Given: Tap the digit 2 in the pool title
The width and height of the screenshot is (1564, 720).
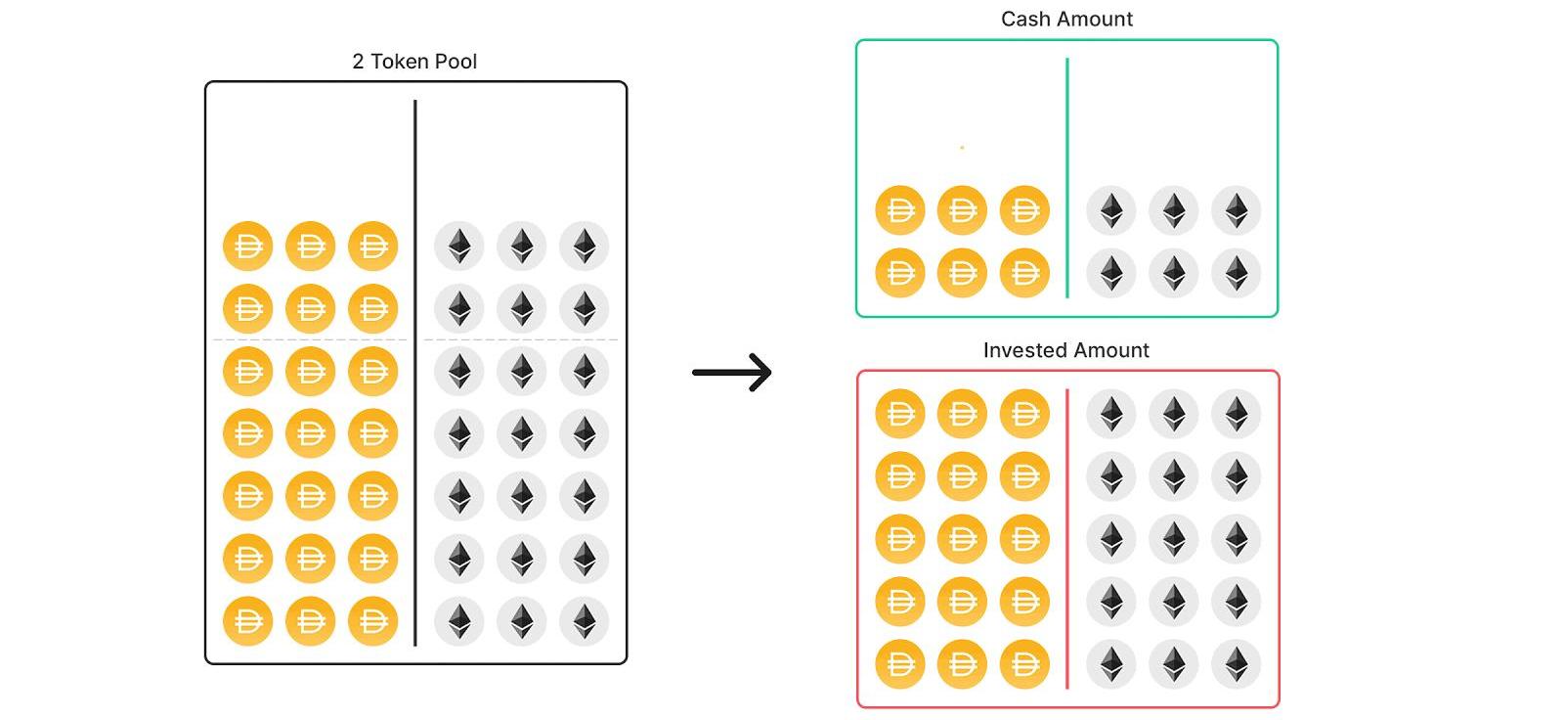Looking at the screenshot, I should click(x=358, y=62).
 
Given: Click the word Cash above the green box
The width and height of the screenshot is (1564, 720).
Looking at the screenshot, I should click(x=1025, y=20).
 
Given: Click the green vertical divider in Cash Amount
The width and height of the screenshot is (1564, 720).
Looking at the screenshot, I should click(x=1067, y=176).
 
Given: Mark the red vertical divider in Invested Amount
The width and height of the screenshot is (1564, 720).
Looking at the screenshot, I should click(x=1067, y=538).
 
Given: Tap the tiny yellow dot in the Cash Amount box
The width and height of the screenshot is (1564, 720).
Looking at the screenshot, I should click(x=962, y=148).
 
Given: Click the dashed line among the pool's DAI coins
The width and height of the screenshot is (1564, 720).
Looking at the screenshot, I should click(x=310, y=339).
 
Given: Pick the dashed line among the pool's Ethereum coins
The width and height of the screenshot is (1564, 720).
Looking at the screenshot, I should click(x=521, y=339).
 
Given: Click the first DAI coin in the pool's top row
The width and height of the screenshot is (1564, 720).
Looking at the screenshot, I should click(x=248, y=247).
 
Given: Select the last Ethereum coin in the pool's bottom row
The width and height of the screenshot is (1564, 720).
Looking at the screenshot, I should click(x=585, y=621).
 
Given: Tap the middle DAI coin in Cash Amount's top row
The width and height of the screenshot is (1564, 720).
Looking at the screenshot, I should click(x=962, y=210).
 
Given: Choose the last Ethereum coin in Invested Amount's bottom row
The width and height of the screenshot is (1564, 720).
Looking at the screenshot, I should click(x=1237, y=664).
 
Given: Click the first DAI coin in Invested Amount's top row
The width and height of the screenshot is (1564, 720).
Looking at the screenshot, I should click(x=900, y=414).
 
